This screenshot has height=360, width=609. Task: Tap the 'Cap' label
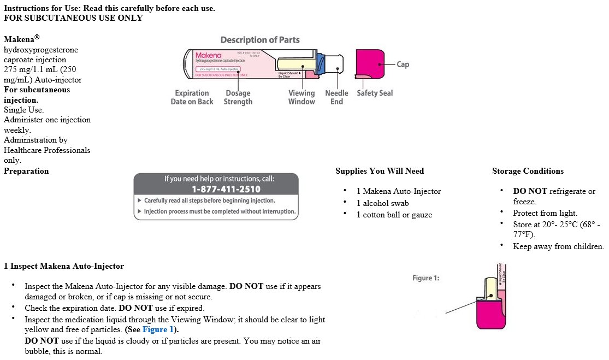(403, 64)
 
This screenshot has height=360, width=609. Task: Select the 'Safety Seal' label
(375, 93)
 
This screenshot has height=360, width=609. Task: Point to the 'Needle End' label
(336, 97)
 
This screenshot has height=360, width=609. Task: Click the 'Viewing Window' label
(301, 97)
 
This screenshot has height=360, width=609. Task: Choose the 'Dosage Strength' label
(238, 97)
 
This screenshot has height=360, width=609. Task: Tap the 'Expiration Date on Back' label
(192, 97)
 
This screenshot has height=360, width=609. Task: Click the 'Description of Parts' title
(260, 40)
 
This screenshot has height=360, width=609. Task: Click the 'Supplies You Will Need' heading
(380, 171)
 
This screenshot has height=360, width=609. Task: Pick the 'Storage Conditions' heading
(528, 171)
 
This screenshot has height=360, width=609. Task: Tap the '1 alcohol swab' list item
(382, 203)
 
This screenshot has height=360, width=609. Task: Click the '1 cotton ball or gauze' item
(394, 215)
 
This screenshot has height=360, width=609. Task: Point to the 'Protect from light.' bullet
(545, 213)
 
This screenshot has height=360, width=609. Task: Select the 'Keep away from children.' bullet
(558, 246)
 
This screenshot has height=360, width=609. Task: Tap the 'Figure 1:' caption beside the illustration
(425, 278)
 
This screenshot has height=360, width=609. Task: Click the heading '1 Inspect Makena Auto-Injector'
(64, 266)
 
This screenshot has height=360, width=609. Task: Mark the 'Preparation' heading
(26, 171)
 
